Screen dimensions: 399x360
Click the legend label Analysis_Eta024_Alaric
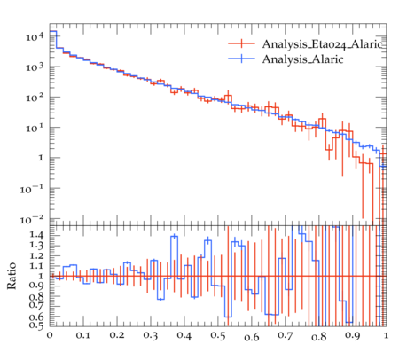coord(323,44)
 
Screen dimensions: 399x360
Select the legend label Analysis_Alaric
coord(302,59)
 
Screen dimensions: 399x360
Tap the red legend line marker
coord(241,43)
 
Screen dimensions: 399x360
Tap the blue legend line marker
coord(241,59)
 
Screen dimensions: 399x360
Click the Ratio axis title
coord(12,276)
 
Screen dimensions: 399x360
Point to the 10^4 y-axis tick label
coord(35,36)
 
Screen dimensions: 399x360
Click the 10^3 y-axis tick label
coord(35,67)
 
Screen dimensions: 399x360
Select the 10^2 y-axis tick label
coord(35,98)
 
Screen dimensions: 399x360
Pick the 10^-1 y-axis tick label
coord(32,189)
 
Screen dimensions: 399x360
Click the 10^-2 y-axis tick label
coord(32,219)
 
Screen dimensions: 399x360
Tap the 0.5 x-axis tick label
coord(218,336)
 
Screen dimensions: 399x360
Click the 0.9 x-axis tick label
coord(353,336)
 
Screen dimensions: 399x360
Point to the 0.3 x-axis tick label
coord(151,336)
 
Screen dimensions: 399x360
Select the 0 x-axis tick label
coord(50,335)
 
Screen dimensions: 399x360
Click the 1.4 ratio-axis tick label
coord(36,235)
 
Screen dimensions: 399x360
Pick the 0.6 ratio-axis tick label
coord(36,317)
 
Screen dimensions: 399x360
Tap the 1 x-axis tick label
coord(386,335)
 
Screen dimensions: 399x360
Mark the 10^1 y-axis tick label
coord(35,128)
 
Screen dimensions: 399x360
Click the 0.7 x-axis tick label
coord(286,336)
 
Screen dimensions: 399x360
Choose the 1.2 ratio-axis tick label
coord(36,256)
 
